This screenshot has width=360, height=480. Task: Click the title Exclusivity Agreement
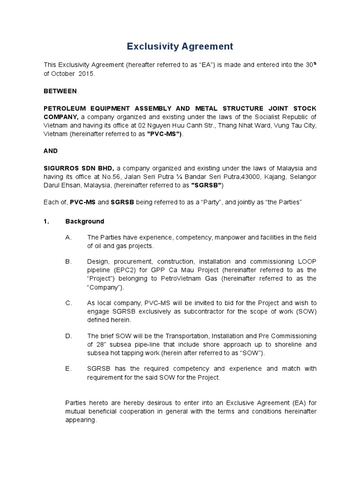[x=180, y=46]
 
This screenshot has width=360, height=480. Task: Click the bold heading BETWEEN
[x=60, y=91]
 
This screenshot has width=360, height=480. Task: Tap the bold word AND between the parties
[x=51, y=151]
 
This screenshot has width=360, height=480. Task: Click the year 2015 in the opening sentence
[x=86, y=74]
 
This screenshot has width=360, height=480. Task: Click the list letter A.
[x=68, y=238]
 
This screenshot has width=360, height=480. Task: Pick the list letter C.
[x=68, y=303]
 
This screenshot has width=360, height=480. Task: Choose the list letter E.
[x=68, y=369]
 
